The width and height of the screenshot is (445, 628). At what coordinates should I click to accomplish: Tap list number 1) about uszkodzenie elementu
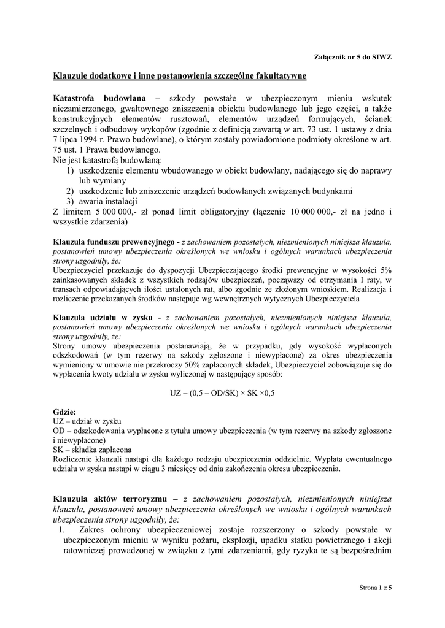coord(71,170)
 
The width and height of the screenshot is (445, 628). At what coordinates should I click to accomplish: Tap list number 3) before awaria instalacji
coord(71,202)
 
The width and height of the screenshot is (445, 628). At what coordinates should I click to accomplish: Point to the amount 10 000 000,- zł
coord(323,212)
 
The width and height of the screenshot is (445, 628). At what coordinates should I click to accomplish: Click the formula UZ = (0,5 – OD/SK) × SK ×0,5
coord(222,394)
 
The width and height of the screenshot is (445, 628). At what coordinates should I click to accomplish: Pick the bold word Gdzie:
coord(64,412)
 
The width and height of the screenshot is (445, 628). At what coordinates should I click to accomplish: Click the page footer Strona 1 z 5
coord(375,588)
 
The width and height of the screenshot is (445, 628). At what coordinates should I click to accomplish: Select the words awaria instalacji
coord(108,202)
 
